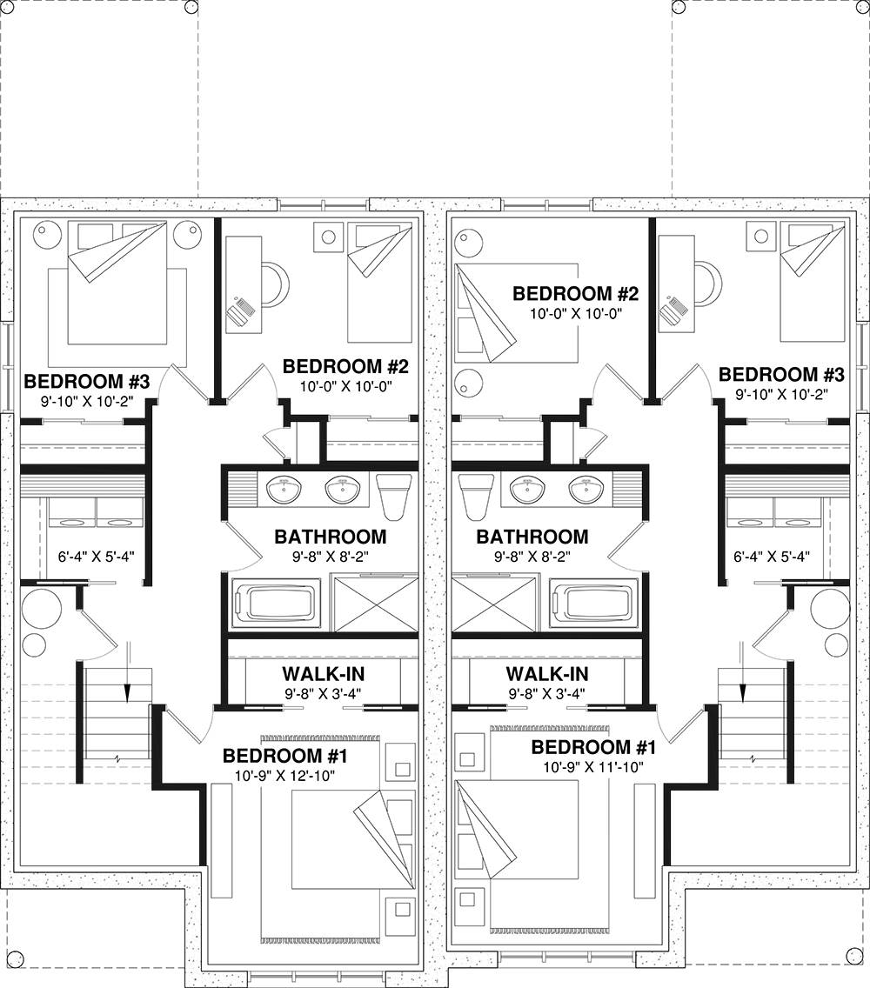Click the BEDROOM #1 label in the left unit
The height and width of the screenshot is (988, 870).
click(x=285, y=756)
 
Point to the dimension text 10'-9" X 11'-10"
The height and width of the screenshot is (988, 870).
click(x=593, y=767)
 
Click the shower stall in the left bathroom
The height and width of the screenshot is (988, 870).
click(x=374, y=604)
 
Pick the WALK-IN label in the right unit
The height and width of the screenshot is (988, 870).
click(x=547, y=674)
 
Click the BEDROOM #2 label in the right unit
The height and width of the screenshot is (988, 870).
click(x=576, y=294)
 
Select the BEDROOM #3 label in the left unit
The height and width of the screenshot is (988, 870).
click(x=86, y=381)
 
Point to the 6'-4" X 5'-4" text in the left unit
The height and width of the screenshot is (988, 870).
click(x=96, y=557)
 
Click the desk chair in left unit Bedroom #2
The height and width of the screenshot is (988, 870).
click(x=276, y=284)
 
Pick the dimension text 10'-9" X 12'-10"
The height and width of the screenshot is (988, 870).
click(x=285, y=776)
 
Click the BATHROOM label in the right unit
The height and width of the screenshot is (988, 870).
click(x=532, y=537)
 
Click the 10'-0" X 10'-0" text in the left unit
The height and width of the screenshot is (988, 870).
click(x=345, y=386)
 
